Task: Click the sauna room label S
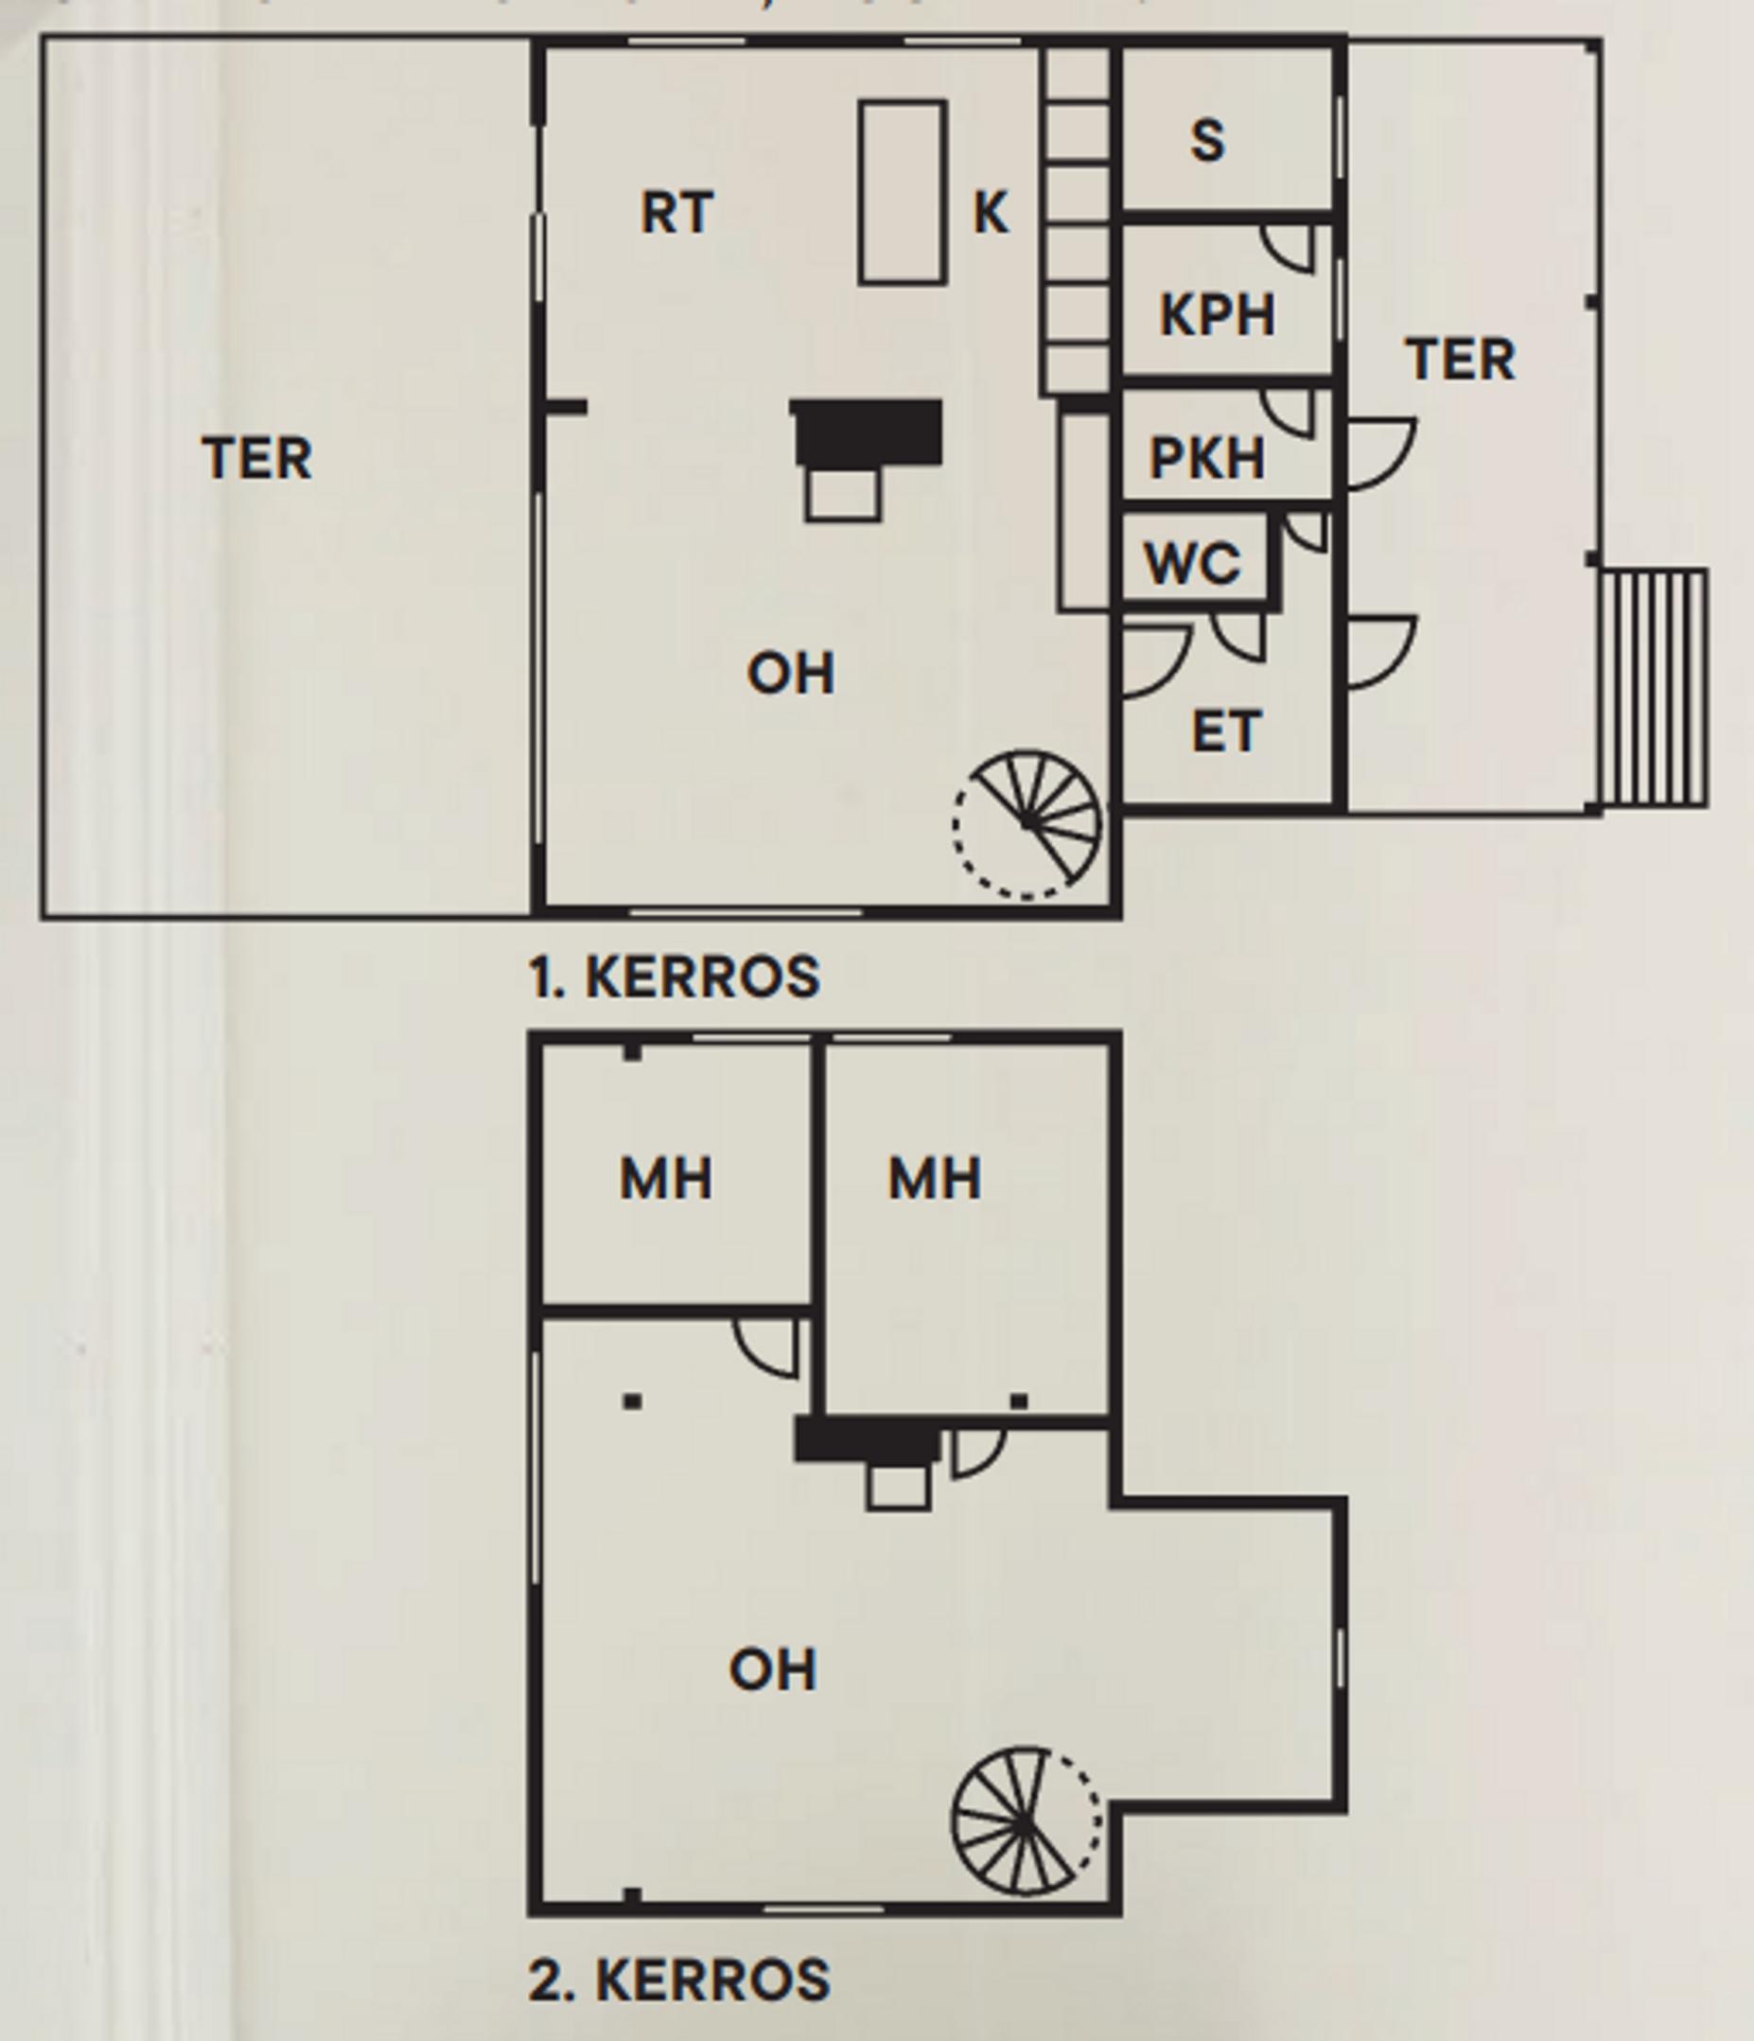[x=1208, y=141]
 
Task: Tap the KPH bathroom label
[x=1218, y=315]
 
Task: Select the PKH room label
[x=1207, y=458]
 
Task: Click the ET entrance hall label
[x=1226, y=731]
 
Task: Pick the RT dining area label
[x=677, y=213]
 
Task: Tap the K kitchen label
[x=991, y=213]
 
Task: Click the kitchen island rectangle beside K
[x=903, y=192]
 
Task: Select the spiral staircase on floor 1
[x=1027, y=823]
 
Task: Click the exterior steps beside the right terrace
[x=1654, y=688]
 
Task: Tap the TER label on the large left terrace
[x=258, y=459]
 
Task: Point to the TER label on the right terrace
[x=1461, y=360]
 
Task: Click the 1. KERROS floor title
[x=675, y=977]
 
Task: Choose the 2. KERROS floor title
[x=679, y=1979]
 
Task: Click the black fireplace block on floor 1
[x=868, y=431]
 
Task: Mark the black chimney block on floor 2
[x=867, y=1441]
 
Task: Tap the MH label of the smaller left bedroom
[x=666, y=1179]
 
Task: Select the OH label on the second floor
[x=773, y=1671]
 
